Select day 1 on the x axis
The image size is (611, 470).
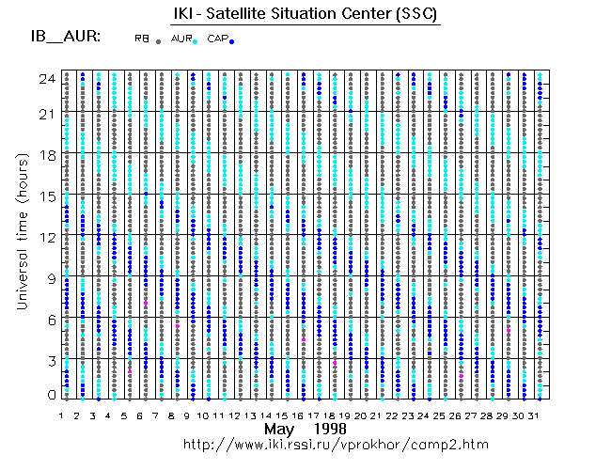tap(61, 415)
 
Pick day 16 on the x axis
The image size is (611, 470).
tap(303, 415)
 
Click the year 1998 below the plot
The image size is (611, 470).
tap(330, 429)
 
